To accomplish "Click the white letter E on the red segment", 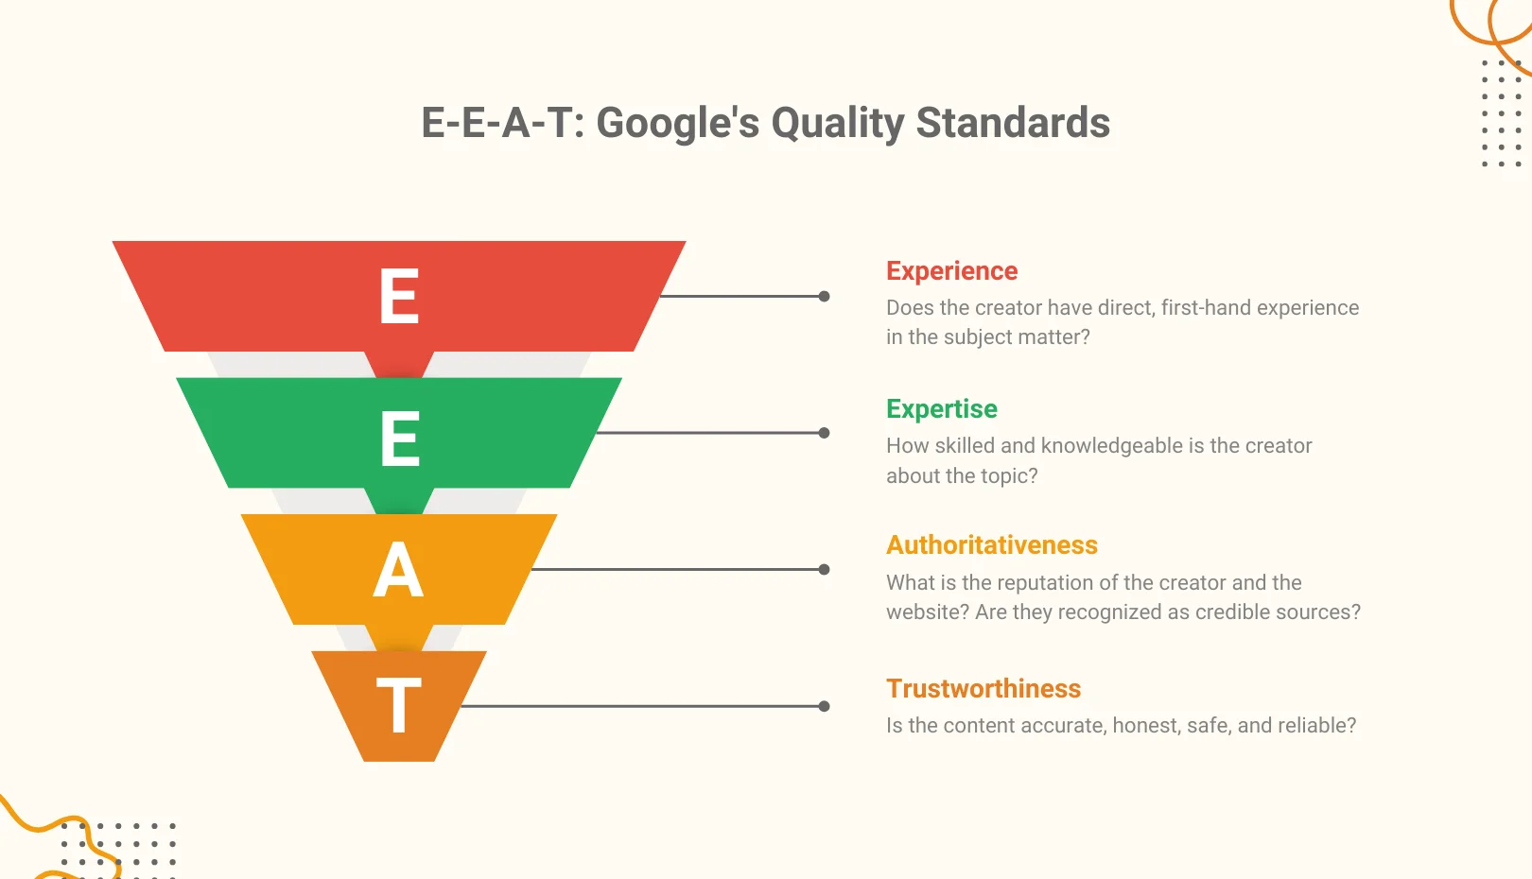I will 399,296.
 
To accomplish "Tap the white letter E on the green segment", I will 399,439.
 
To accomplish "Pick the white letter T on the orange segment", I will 398,705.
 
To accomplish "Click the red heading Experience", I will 951,271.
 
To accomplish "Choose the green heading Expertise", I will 941,409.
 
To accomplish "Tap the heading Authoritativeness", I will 991,545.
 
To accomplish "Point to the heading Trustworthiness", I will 983,689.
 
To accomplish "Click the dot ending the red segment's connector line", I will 824,296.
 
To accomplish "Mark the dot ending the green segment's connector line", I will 824,433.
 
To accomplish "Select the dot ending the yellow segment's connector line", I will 824,569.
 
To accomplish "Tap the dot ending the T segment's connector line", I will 824,706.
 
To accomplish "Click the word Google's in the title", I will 677,123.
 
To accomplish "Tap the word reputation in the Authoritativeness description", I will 1018,583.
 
